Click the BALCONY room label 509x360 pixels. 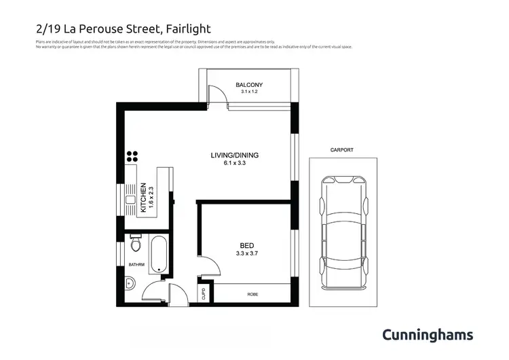click(x=249, y=85)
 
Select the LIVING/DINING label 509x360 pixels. click(x=234, y=155)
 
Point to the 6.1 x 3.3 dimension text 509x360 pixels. click(x=234, y=163)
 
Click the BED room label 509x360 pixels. click(x=247, y=245)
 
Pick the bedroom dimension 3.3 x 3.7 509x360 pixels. click(x=247, y=253)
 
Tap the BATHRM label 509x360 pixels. click(x=136, y=264)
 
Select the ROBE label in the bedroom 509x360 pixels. click(x=253, y=294)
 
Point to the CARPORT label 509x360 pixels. click(x=342, y=150)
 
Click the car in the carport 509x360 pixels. click(x=343, y=231)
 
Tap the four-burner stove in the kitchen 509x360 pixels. click(x=132, y=157)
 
